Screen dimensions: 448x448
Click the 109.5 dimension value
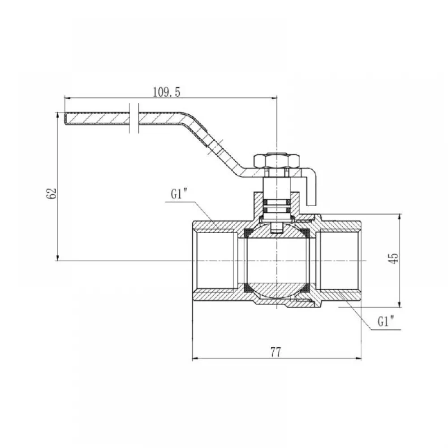click(167, 92)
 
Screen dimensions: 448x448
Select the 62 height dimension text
click(52, 194)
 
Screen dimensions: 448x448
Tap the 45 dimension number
click(394, 258)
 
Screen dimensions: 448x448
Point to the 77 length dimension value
click(276, 352)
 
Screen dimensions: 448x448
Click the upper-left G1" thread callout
click(179, 194)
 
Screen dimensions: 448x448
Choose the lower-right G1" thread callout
click(386, 321)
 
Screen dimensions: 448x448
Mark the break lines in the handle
click(134, 118)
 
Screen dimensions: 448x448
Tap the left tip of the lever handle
click(65, 119)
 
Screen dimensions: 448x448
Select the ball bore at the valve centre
click(276, 261)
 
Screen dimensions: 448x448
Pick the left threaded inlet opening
click(216, 261)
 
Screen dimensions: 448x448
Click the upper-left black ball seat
click(248, 233)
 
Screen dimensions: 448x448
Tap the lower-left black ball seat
click(248, 288)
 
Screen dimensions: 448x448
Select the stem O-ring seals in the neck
click(276, 206)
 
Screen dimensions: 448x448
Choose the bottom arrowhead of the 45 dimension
click(400, 304)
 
